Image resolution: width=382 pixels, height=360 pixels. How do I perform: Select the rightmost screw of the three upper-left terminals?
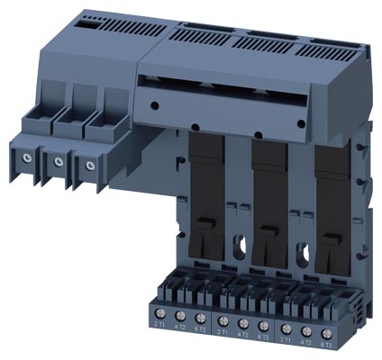click(x=88, y=166)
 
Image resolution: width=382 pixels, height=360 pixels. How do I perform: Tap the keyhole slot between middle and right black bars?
click(x=299, y=246)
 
